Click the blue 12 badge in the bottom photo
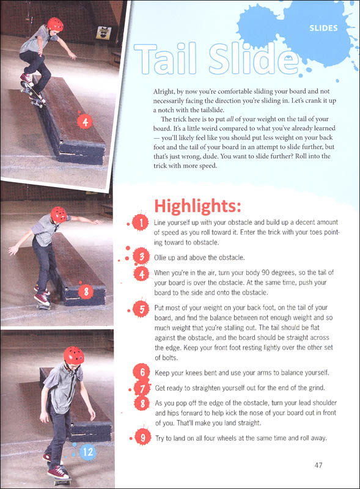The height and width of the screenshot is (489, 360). (86, 453)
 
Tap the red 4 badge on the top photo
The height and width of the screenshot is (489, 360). (86, 122)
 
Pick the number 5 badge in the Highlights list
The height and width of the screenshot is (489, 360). (141, 310)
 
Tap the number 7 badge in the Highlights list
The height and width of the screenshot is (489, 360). (141, 388)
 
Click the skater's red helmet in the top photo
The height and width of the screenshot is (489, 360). (55, 24)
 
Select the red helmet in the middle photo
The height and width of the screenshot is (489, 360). (59, 214)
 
